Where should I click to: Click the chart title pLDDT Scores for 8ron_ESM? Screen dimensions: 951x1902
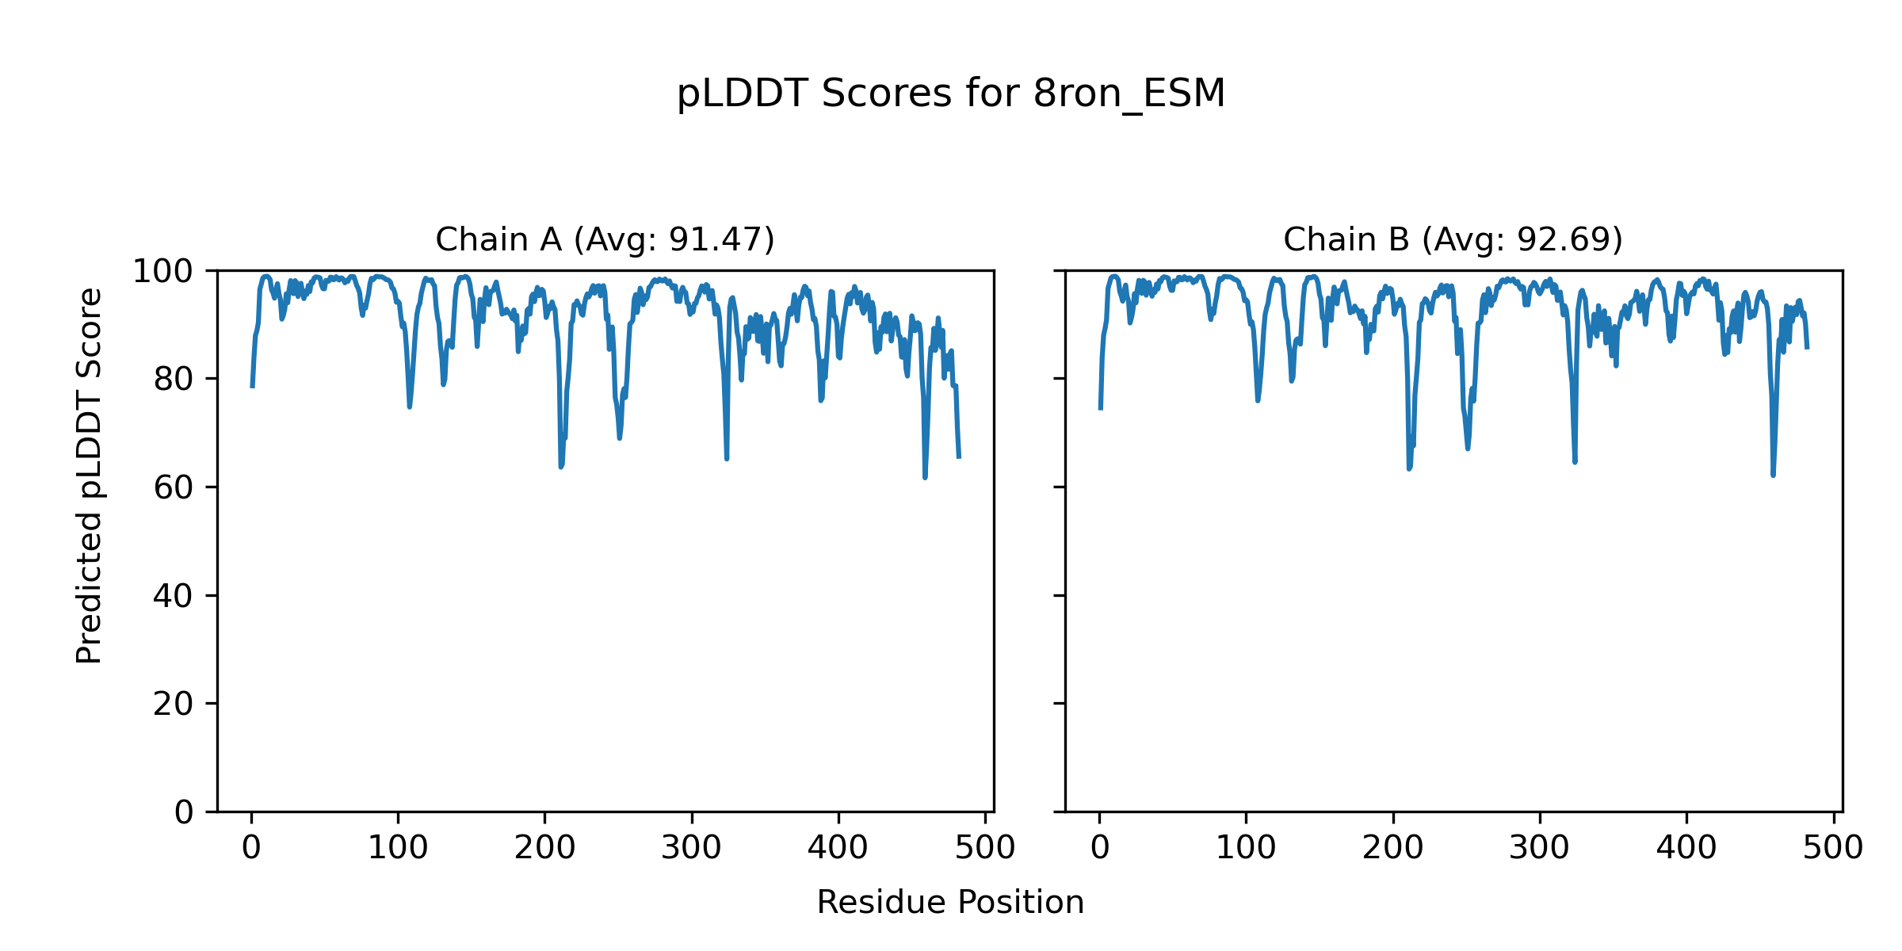[950, 94]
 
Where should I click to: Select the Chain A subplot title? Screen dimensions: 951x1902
[605, 239]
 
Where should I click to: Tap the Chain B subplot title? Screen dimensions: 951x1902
[1453, 239]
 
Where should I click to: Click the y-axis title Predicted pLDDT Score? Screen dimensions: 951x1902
[89, 475]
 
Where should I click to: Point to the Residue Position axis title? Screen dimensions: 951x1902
[950, 903]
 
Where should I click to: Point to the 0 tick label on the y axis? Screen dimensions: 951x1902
[184, 812]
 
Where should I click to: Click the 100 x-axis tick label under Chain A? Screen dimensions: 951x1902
[398, 849]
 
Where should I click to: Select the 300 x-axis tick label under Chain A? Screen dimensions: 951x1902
[691, 849]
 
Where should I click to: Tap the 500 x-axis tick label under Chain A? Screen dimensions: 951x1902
[985, 849]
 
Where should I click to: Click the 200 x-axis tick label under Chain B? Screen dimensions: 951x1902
[1392, 849]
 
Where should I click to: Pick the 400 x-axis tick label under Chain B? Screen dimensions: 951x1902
[1686, 849]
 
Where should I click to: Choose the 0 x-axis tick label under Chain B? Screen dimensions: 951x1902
[1099, 849]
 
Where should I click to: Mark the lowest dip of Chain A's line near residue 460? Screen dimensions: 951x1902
[925, 477]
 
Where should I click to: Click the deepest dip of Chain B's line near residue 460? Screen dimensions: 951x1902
[1773, 475]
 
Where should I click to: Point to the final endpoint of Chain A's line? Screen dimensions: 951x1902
[959, 457]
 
